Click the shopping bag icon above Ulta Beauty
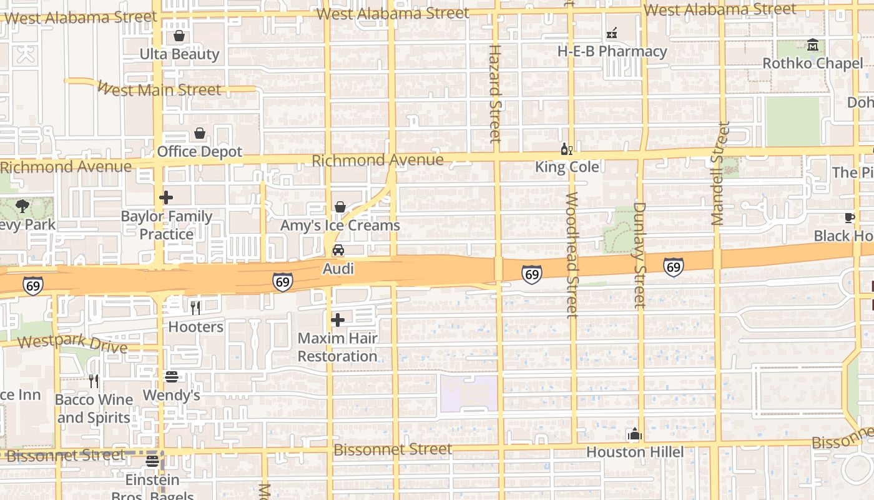point(179,36)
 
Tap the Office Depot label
point(199,152)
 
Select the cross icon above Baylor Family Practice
point(166,198)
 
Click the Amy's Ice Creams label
point(340,225)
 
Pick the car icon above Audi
point(338,251)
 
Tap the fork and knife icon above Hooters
point(195,307)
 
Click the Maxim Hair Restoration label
point(338,347)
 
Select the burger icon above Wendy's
point(172,377)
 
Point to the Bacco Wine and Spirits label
point(94,409)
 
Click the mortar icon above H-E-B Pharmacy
point(612,32)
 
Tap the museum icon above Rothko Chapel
point(813,45)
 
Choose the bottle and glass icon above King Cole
point(567,149)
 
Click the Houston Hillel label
point(635,452)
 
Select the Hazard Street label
point(494,94)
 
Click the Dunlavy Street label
point(639,255)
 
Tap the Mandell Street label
point(719,174)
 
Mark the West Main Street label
point(159,89)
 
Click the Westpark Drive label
point(72,344)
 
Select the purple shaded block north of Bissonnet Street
point(469,394)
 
